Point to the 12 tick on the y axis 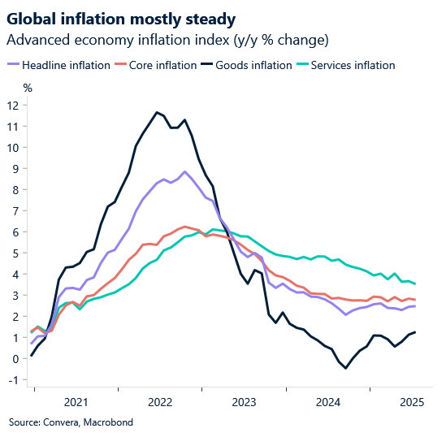13,105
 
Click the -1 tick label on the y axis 13,380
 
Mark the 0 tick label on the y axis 16,359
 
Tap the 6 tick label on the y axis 16,231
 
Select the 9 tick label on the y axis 16,168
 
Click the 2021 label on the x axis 76,401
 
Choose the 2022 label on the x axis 160,401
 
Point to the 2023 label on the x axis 245,401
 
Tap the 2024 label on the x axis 329,401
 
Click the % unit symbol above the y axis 28,88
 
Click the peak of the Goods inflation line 156,112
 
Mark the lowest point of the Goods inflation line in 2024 346,368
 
